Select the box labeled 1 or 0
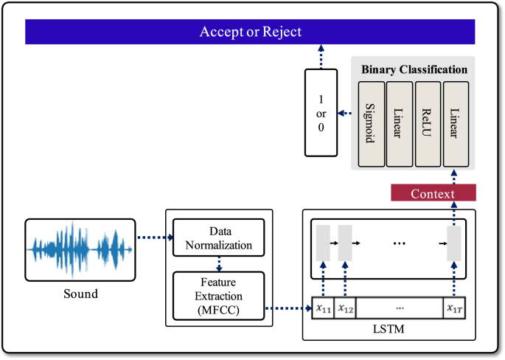(x=321, y=112)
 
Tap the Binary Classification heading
(x=414, y=69)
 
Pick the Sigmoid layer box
(x=371, y=123)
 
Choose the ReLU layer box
(x=428, y=123)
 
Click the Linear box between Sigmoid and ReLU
(x=399, y=123)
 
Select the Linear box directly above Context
(x=456, y=123)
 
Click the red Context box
(x=433, y=193)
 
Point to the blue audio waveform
(x=80, y=249)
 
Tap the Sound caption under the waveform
(x=80, y=294)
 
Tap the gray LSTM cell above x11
(x=323, y=241)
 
